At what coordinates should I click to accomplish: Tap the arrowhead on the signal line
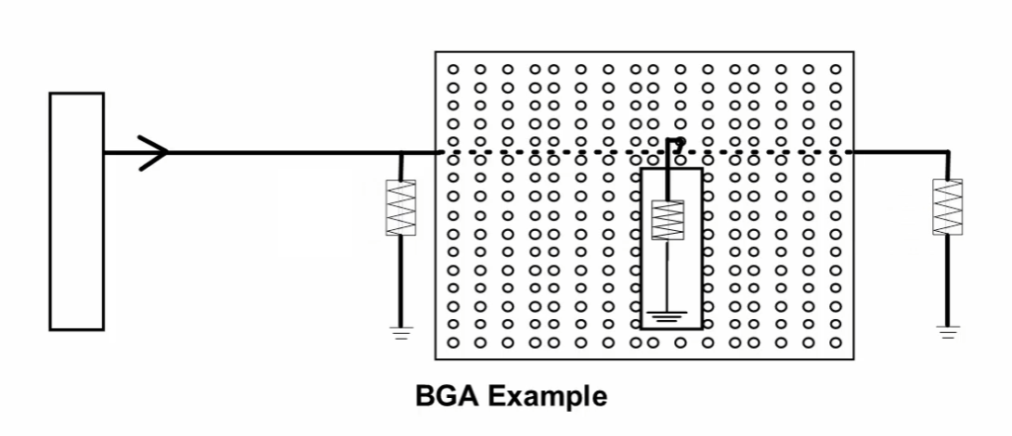[155, 152]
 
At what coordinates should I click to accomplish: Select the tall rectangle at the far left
[76, 212]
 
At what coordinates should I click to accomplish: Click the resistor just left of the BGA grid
[400, 208]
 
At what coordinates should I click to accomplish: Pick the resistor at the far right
[947, 207]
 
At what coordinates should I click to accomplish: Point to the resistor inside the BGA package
[668, 220]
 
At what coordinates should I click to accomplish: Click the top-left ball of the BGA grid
[453, 69]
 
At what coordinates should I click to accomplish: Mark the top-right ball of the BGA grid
[836, 69]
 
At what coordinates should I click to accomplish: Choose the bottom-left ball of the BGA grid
[453, 342]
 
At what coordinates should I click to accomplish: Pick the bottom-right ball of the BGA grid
[836, 342]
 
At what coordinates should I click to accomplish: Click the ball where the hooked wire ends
[681, 143]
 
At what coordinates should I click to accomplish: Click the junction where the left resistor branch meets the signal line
[400, 152]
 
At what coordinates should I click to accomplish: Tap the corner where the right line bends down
[947, 152]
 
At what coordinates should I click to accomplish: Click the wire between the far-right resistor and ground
[947, 278]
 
